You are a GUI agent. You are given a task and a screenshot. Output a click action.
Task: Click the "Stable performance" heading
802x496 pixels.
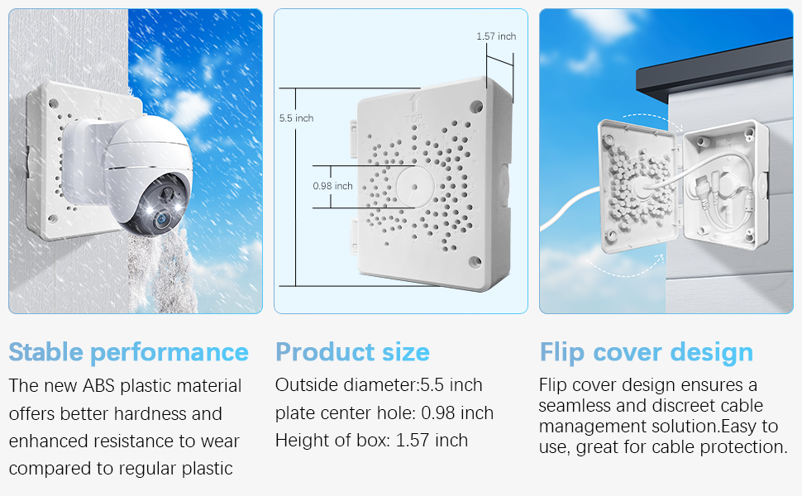coord(128,353)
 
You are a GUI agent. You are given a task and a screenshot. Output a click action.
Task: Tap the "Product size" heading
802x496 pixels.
coord(352,352)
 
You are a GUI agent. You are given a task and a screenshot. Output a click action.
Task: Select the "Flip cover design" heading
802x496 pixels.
coord(647,353)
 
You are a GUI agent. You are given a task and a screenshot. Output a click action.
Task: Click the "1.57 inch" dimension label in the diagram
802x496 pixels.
coord(496,36)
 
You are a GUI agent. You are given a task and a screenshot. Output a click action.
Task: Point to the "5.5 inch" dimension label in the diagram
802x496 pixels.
coord(296,118)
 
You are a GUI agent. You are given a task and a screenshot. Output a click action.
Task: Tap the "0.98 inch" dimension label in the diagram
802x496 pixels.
coord(333,186)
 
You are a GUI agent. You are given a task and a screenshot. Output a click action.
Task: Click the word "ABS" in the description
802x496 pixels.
coord(98,385)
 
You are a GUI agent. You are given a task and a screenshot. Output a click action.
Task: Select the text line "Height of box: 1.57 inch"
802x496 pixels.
coord(371,441)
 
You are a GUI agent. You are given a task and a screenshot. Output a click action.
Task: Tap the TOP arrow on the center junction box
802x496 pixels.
coord(414,104)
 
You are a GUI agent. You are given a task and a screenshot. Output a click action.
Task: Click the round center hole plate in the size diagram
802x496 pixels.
coord(415,187)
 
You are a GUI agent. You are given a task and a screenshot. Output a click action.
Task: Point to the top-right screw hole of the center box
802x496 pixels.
coord(475,107)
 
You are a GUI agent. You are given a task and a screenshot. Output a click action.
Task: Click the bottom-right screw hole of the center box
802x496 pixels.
coord(475,262)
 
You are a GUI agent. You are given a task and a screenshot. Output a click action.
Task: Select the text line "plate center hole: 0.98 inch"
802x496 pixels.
coord(384,413)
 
